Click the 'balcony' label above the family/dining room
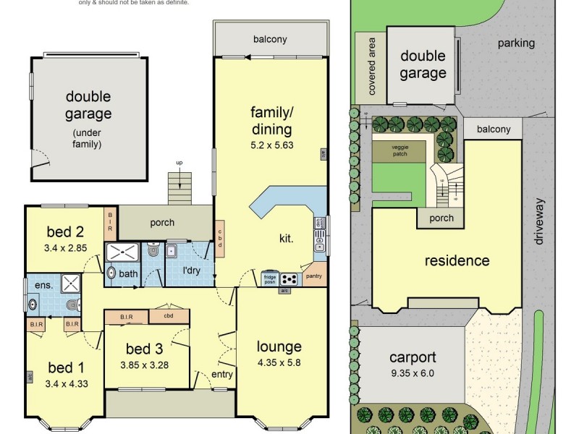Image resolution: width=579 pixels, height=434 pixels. [270, 39]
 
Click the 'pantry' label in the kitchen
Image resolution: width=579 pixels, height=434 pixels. [315, 276]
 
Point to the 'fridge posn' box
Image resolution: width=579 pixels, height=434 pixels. [270, 278]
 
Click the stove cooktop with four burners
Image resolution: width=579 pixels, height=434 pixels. [289, 278]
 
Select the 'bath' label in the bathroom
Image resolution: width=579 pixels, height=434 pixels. [128, 274]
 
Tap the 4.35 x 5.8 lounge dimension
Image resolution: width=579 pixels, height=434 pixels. [278, 363]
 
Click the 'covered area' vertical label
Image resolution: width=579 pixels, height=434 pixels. [372, 67]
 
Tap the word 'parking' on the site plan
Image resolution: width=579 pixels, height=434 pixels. [516, 43]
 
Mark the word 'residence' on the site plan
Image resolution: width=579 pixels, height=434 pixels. [457, 261]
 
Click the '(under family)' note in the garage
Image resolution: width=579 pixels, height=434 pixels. [88, 139]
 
